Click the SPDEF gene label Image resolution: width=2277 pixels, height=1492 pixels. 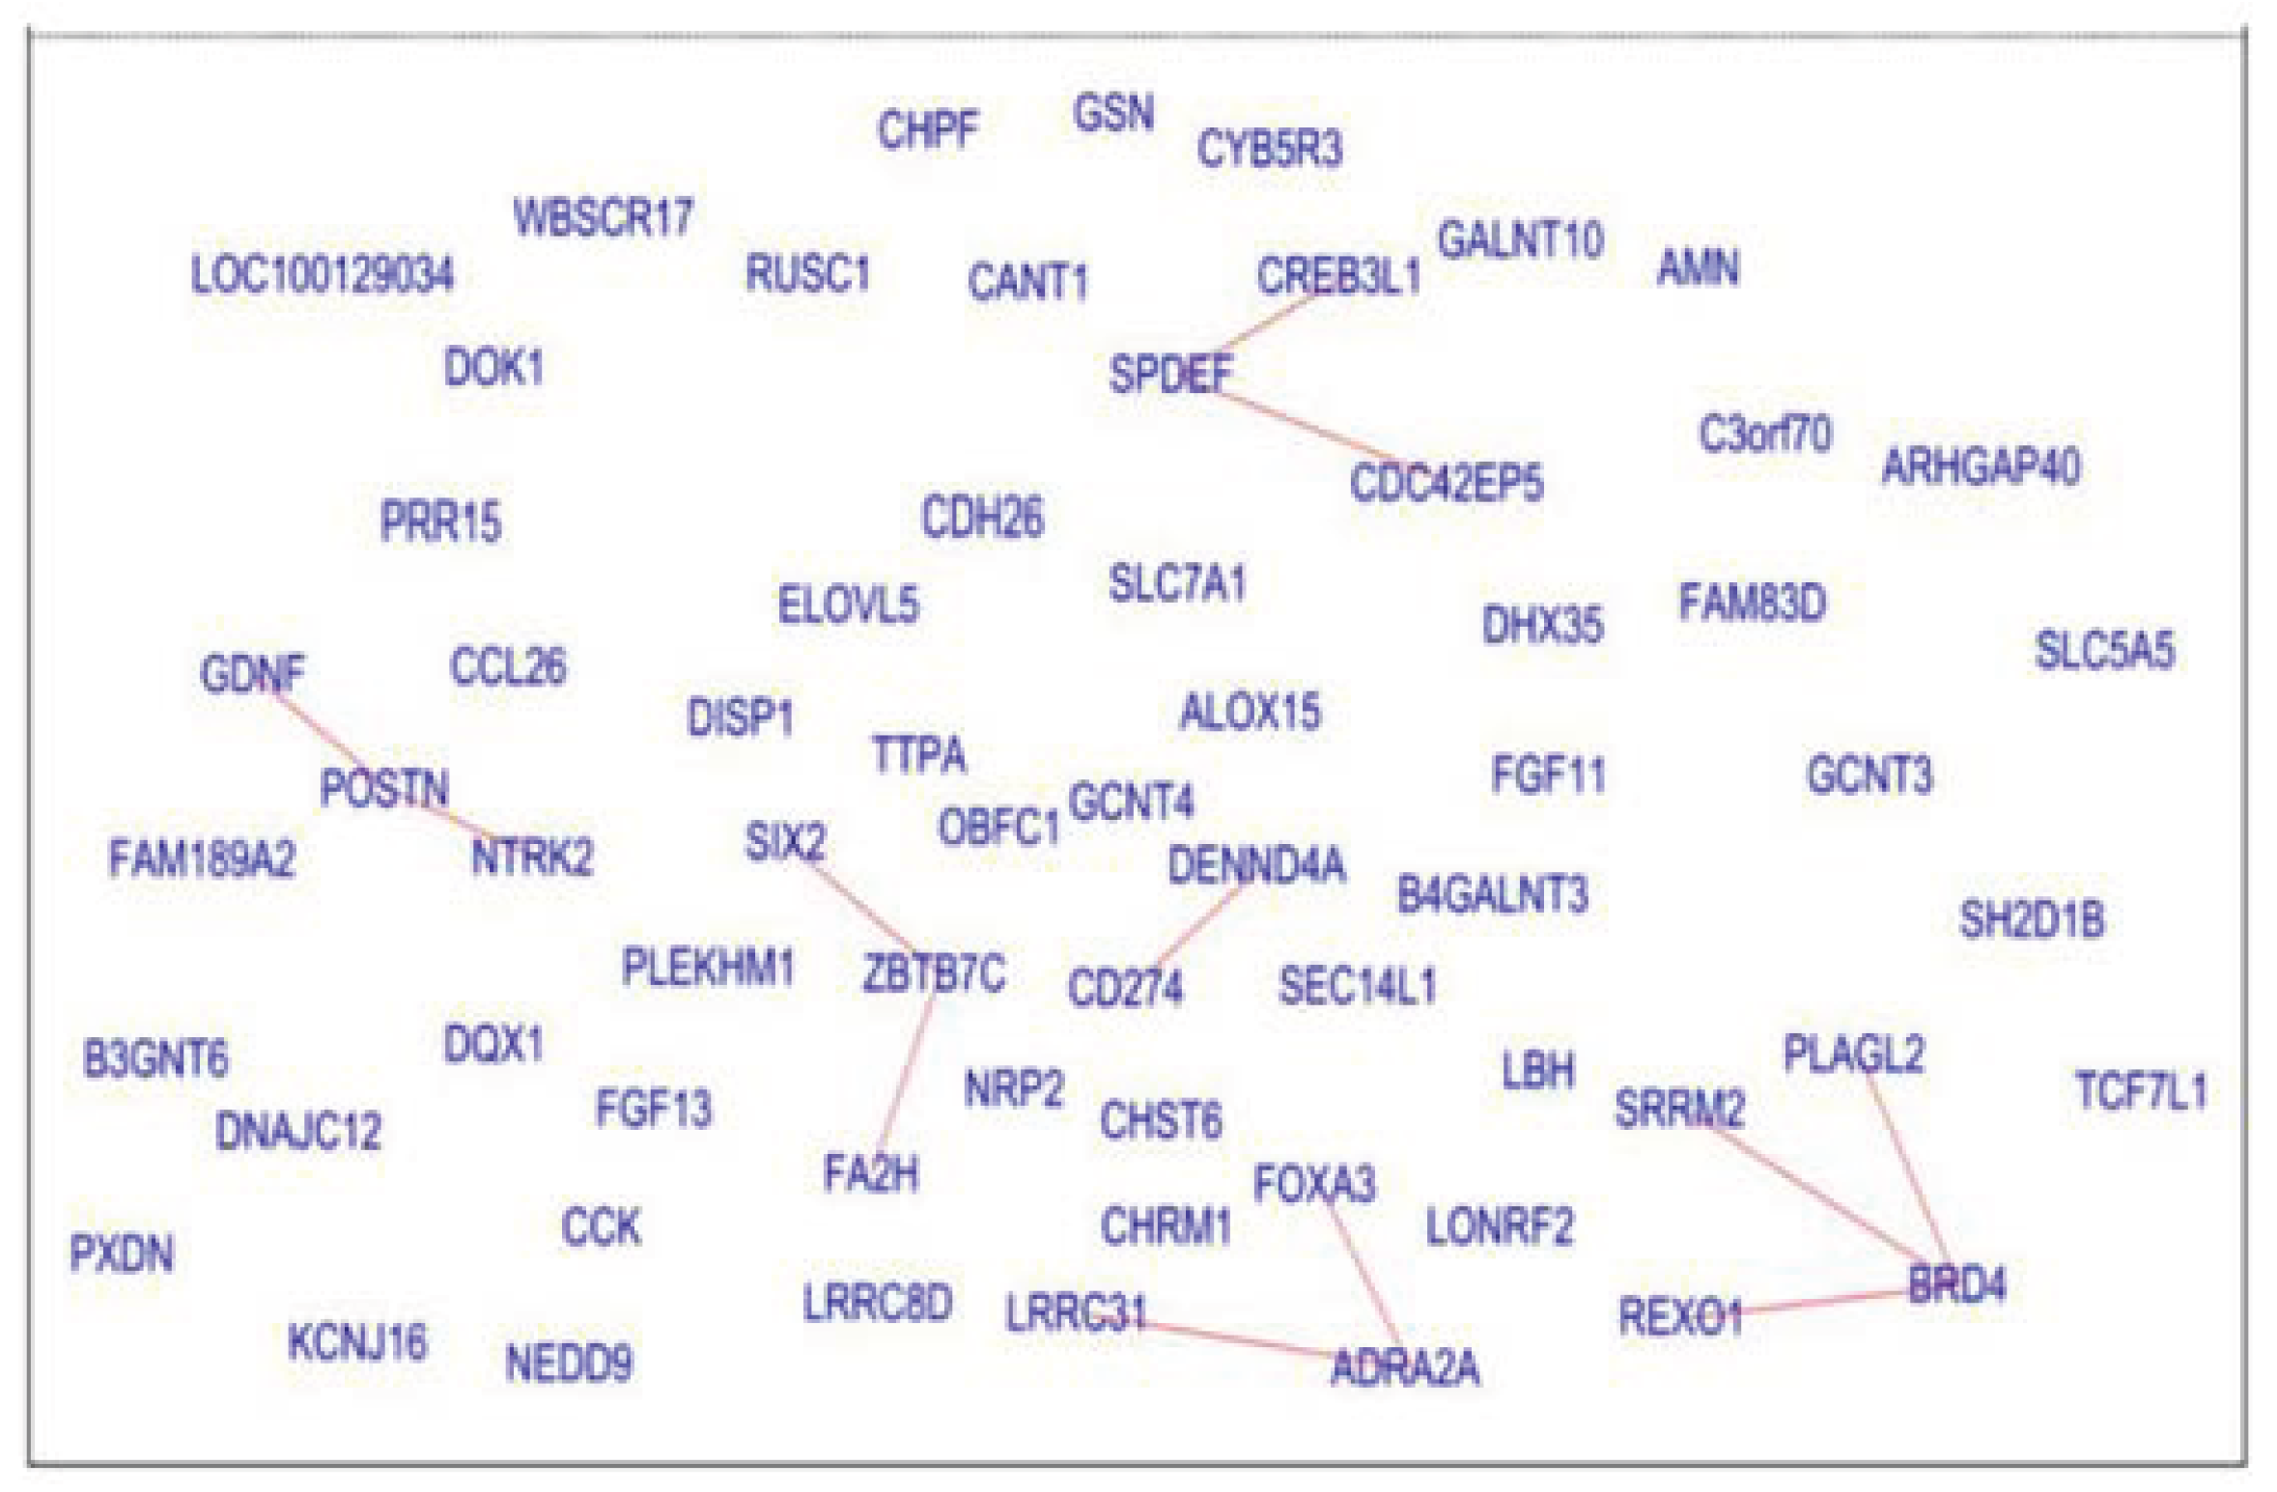pyautogui.click(x=1170, y=374)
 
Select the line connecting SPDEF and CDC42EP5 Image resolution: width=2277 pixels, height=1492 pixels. pyautogui.click(x=1308, y=425)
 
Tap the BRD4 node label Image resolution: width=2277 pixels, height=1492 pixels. pyautogui.click(x=1956, y=1284)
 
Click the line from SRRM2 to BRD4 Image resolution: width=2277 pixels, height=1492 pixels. pyautogui.click(x=1815, y=1197)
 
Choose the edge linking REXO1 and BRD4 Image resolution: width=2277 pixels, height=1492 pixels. pyautogui.click(x=1825, y=1302)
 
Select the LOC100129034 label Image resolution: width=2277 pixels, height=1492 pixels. pyautogui.click(x=322, y=274)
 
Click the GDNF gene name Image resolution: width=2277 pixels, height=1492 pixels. pyautogui.click(x=252, y=673)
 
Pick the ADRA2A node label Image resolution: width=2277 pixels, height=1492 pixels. pyautogui.click(x=1405, y=1367)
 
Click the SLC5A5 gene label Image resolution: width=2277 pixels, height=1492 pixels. pyautogui.click(x=2104, y=650)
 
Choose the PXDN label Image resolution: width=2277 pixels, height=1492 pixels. pyautogui.click(x=122, y=1253)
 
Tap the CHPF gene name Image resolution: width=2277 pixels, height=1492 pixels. pyautogui.click(x=927, y=129)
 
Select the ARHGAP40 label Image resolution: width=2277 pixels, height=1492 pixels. pyautogui.click(x=1981, y=467)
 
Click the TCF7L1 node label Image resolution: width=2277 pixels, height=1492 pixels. pyautogui.click(x=2141, y=1091)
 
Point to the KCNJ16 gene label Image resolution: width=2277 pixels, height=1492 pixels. pyautogui.click(x=357, y=1341)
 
